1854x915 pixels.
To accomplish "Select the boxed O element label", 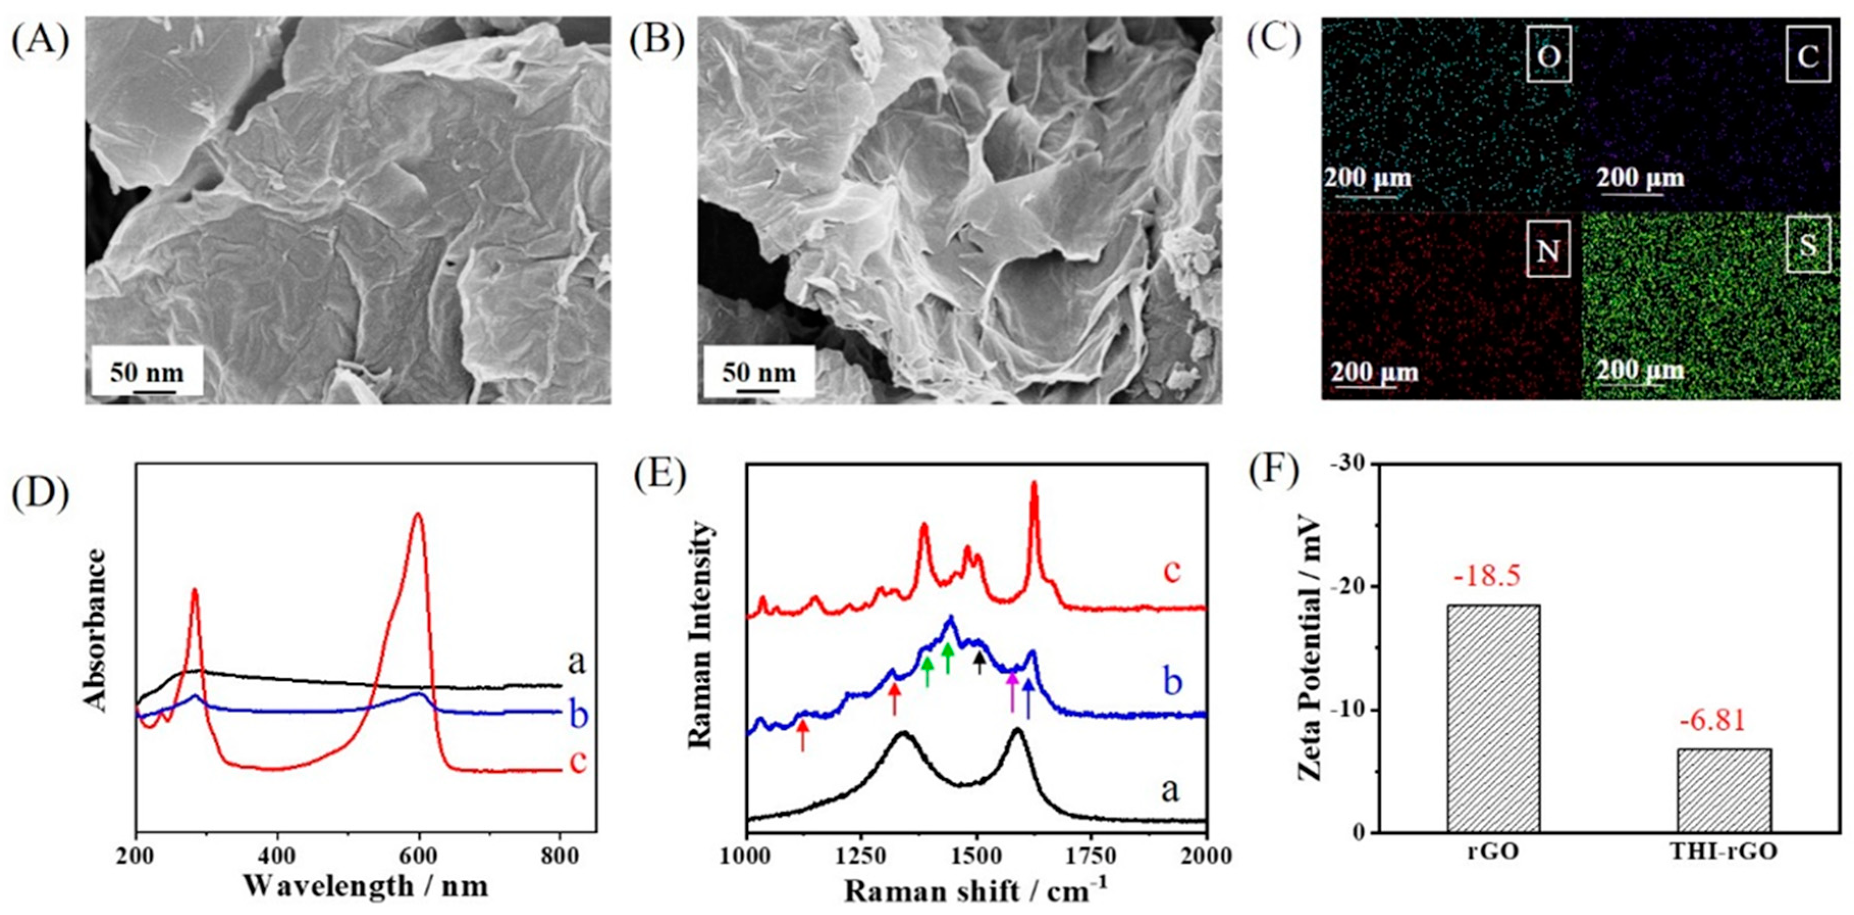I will pos(1549,55).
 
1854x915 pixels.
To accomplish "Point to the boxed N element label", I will pos(1547,252).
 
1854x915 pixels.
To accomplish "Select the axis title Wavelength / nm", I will pos(366,885).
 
